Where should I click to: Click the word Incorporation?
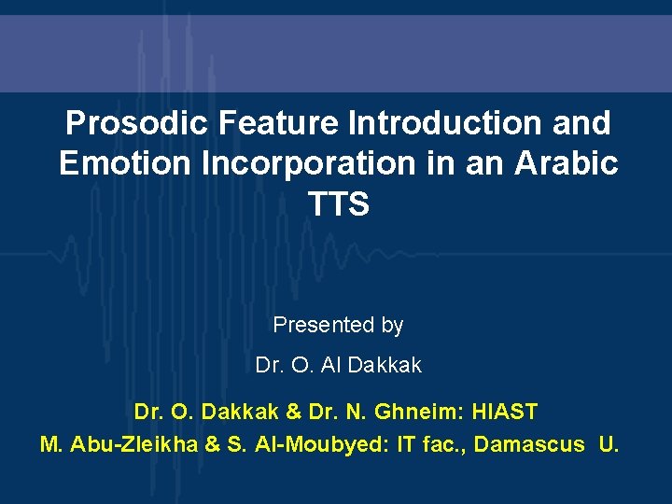[x=298, y=163]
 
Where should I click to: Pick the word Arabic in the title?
[x=568, y=163]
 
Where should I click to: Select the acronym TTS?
[x=337, y=204]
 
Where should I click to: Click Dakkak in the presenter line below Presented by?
[x=385, y=366]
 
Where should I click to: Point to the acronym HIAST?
[x=505, y=412]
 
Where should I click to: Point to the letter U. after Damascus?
[x=609, y=444]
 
